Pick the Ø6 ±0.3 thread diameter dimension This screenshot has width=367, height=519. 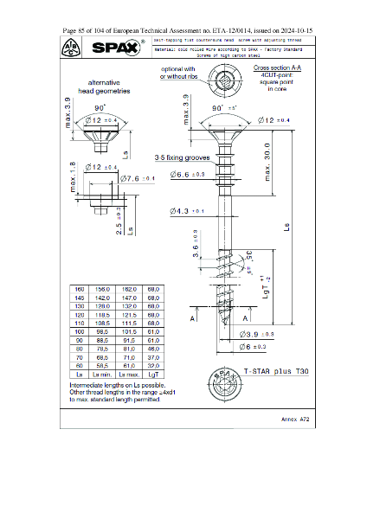click(256, 347)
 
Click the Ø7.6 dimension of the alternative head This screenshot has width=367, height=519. click(138, 178)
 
